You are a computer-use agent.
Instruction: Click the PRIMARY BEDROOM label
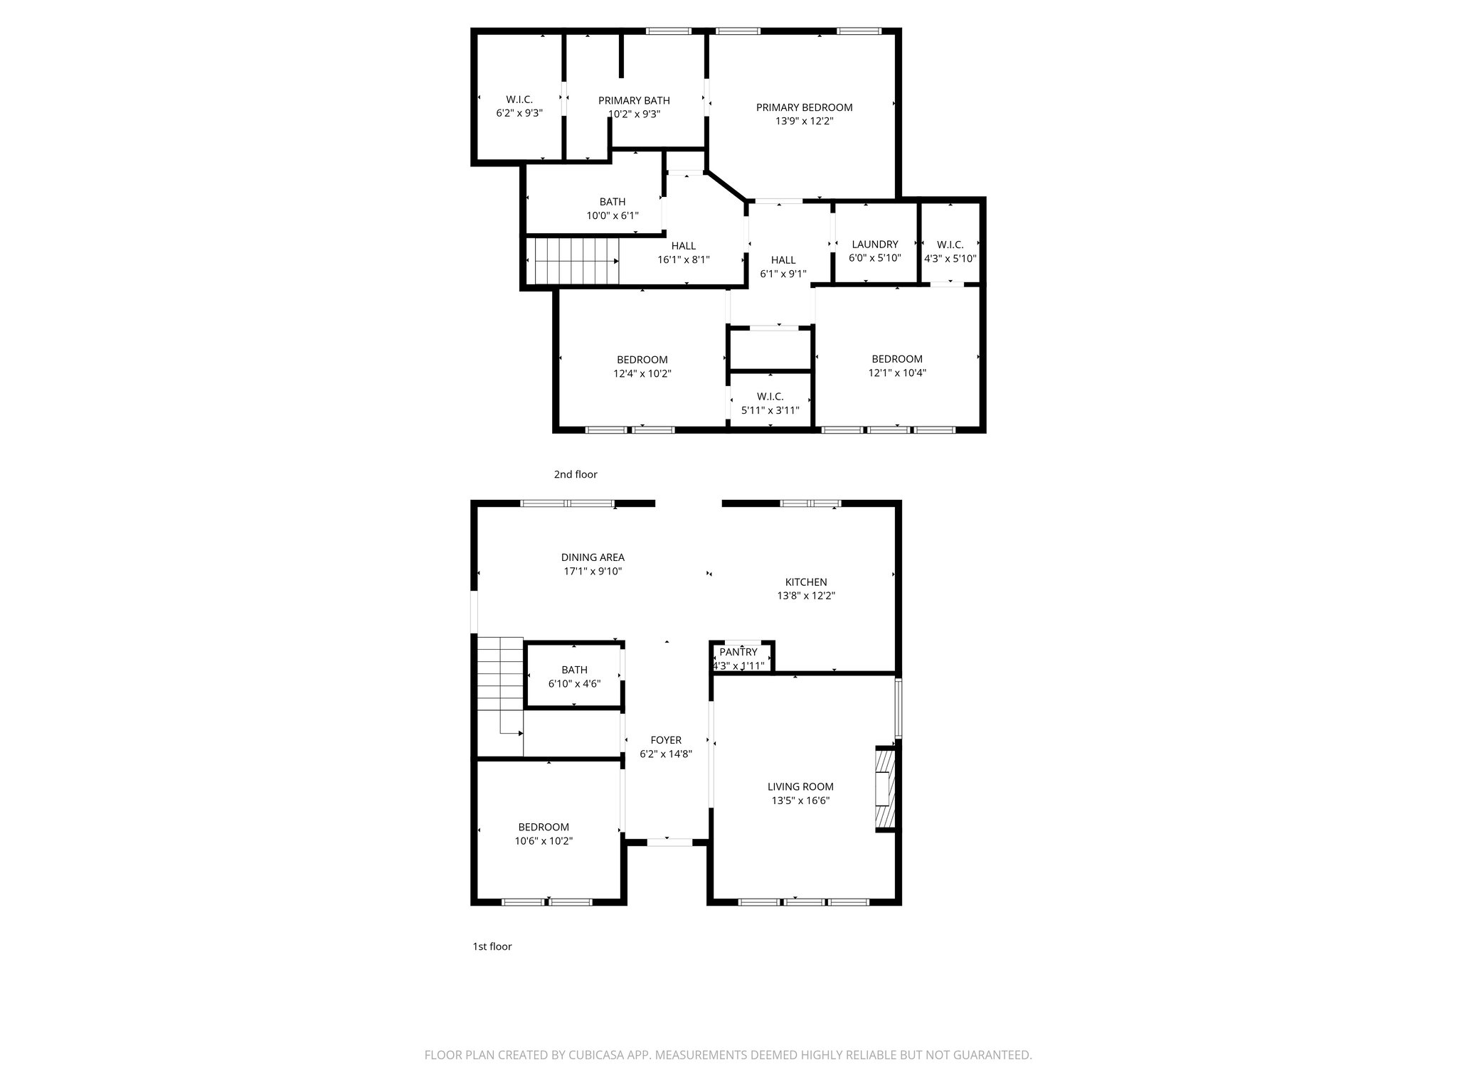804,107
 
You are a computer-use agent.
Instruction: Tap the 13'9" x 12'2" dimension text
804,122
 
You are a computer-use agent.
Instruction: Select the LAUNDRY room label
874,244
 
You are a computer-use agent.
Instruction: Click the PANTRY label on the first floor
738,652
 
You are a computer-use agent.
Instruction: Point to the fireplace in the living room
884,788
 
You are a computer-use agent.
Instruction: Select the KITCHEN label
805,582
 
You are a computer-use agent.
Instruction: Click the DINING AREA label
593,557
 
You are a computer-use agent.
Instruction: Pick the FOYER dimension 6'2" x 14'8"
666,754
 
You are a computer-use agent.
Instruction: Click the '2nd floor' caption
576,474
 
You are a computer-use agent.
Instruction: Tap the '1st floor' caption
492,946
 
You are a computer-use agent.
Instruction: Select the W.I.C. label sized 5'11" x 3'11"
770,396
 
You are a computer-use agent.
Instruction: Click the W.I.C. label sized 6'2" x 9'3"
519,100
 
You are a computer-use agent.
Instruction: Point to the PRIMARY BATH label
634,100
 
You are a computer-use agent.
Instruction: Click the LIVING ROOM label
800,786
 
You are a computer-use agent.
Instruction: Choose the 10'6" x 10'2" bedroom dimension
544,841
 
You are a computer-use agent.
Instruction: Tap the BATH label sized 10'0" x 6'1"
612,202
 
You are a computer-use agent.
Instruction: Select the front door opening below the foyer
669,842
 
